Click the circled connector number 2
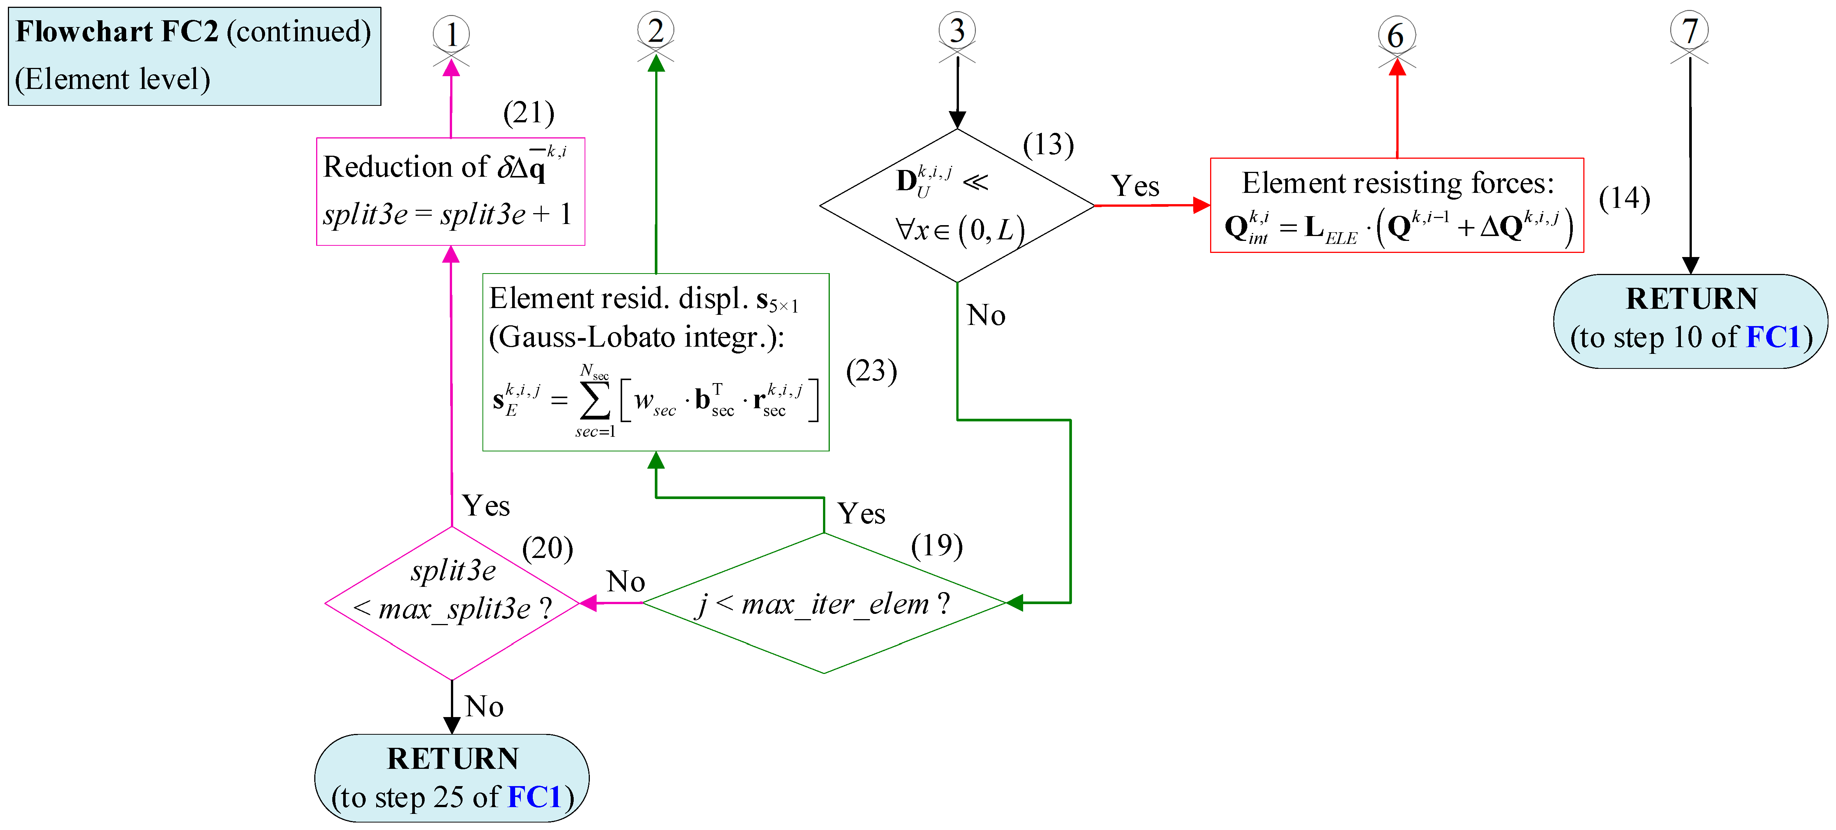656,31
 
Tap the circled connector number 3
957,31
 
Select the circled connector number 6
1396,35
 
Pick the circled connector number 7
1689,31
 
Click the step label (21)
528,113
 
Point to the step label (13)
1048,144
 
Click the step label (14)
1624,198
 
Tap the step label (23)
871,370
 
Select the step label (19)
936,545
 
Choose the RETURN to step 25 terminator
452,778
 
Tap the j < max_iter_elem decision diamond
824,603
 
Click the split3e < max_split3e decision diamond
452,603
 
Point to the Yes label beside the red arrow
1135,186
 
